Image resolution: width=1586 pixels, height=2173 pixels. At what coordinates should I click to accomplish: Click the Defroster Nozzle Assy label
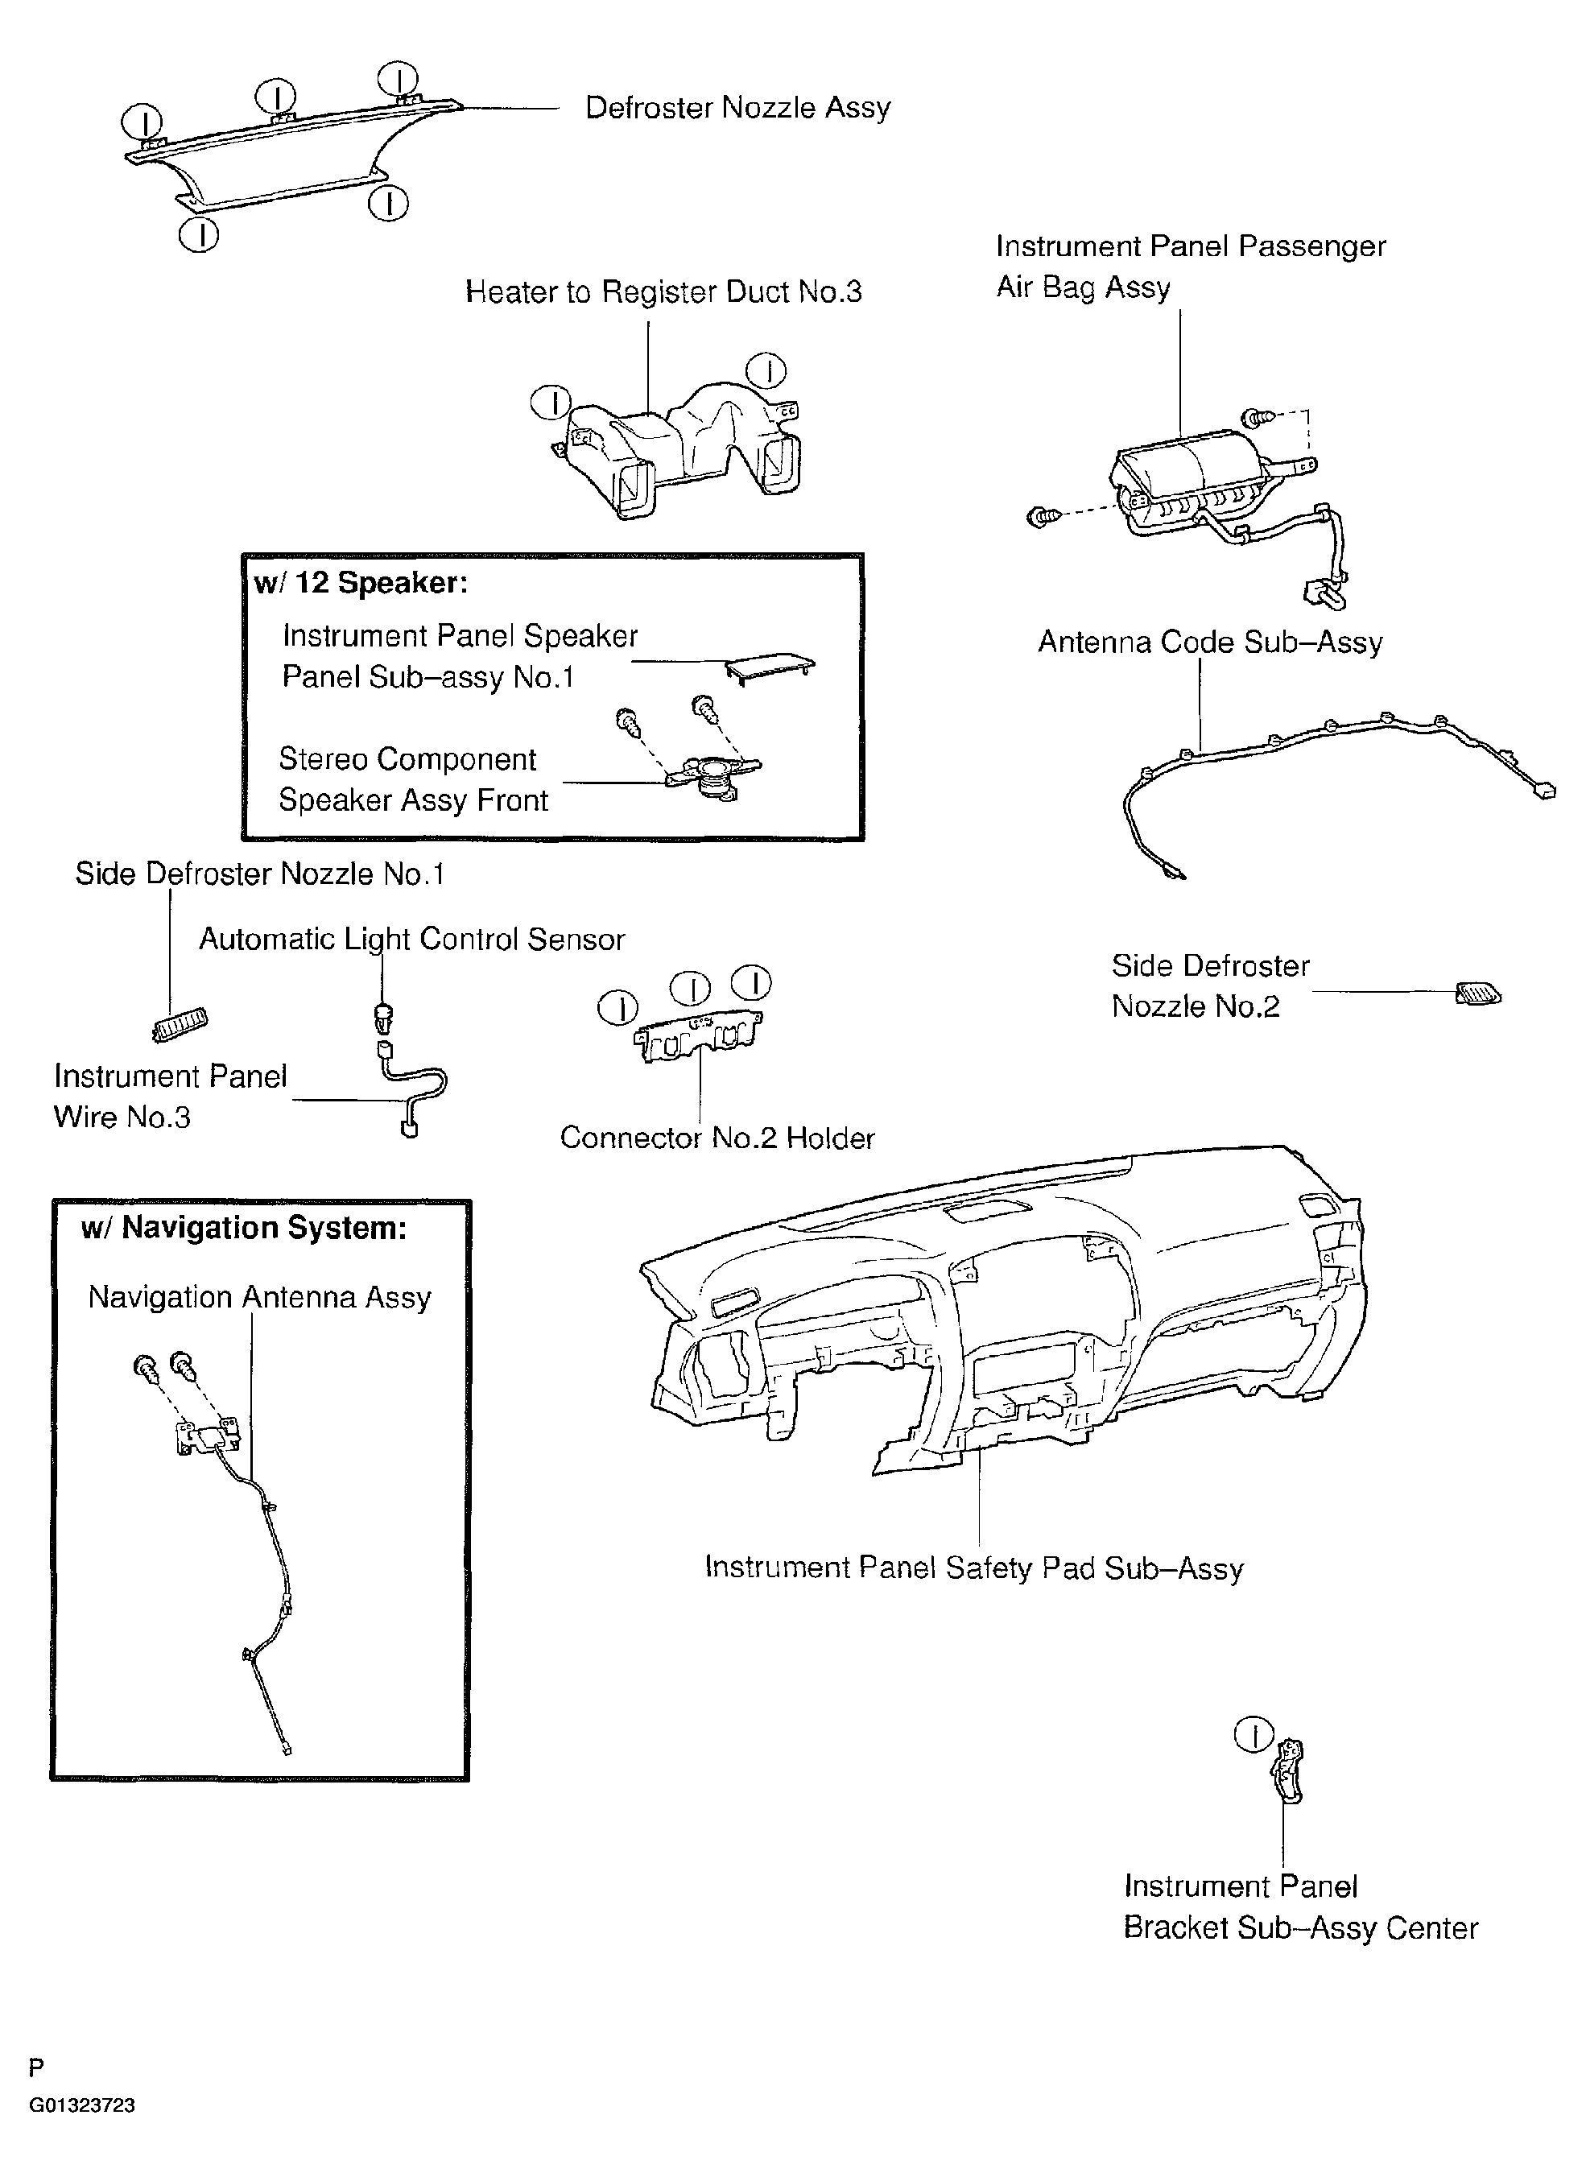coord(737,108)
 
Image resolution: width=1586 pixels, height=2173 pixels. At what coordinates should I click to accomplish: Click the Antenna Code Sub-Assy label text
coord(1210,642)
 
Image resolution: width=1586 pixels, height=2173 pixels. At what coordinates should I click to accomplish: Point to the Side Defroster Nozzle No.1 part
coord(180,1026)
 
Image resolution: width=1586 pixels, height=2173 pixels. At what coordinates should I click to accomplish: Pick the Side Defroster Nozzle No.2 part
coord(1477,994)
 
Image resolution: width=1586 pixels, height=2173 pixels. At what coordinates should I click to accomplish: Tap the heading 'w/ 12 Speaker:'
coord(361,583)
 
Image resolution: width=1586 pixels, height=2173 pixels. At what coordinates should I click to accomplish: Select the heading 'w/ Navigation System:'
coord(244,1228)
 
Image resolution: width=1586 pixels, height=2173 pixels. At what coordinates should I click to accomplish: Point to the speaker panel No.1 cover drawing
coord(770,665)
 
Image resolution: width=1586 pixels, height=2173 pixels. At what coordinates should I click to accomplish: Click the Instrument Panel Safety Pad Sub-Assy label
coord(973,1568)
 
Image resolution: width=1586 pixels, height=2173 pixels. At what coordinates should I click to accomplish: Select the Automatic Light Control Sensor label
coord(412,939)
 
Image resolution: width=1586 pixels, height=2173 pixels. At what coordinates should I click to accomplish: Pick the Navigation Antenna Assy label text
coord(259,1298)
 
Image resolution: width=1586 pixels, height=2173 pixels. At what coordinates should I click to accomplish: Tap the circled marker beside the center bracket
coord(1253,1734)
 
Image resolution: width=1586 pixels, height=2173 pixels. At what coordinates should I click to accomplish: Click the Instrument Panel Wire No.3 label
coord(170,1096)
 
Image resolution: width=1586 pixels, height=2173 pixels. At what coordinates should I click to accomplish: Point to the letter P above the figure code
coord(36,2068)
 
